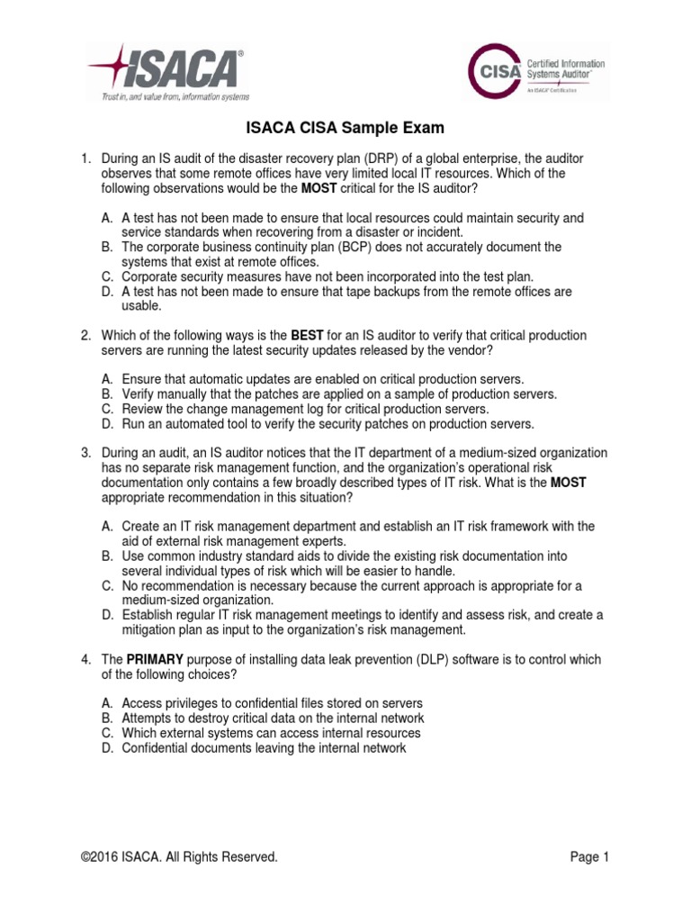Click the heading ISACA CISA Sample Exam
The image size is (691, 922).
(x=345, y=128)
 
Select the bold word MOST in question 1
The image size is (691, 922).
(x=319, y=188)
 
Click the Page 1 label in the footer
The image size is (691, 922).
(x=590, y=857)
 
